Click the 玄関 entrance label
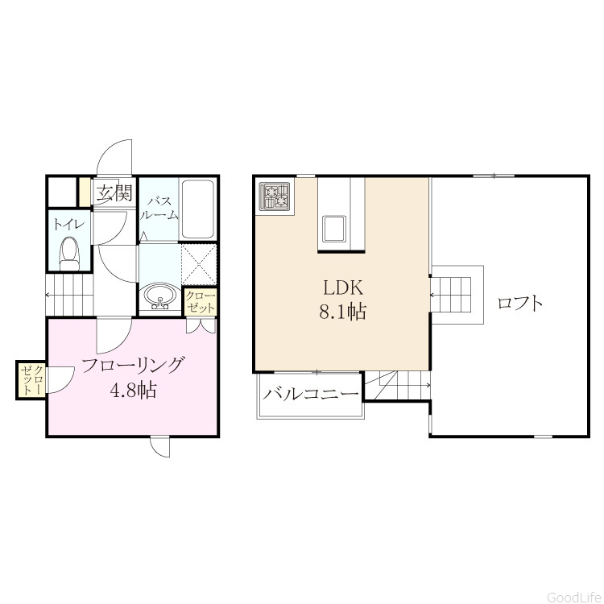point(114,193)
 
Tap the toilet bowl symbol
point(69,254)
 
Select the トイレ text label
point(68,224)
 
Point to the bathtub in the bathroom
point(197,209)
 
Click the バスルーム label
point(159,209)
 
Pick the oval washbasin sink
point(160,296)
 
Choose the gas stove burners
point(275,196)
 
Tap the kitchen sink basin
point(334,228)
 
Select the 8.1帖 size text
point(342,311)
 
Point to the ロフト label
point(519,303)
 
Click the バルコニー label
point(311,394)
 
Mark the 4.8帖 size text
point(133,391)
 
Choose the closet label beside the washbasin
point(200,302)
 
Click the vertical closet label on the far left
point(32,380)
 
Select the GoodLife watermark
point(573,597)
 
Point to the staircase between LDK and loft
point(451,295)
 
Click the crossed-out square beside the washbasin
point(199,264)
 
